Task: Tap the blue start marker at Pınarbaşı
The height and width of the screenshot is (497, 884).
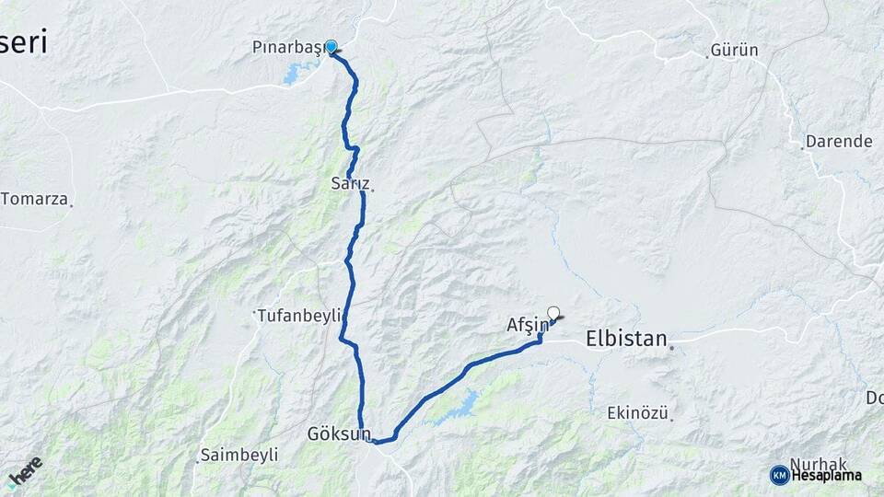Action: (331, 45)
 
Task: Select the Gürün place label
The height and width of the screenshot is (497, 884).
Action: (736, 50)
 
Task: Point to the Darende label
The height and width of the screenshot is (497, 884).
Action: (838, 142)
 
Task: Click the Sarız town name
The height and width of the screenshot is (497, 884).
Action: (349, 183)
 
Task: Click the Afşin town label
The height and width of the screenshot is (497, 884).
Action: (528, 324)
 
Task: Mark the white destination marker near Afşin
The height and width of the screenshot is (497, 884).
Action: (553, 312)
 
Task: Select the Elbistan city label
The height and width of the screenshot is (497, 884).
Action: (626, 339)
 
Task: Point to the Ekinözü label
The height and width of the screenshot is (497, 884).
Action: (637, 413)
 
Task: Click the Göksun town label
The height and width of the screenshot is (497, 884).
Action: (339, 433)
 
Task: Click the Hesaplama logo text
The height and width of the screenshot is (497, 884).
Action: (827, 475)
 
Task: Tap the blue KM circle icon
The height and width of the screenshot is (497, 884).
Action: (779, 475)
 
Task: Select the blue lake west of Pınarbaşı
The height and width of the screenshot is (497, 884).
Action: (300, 73)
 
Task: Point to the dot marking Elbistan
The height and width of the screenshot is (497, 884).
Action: (672, 348)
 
